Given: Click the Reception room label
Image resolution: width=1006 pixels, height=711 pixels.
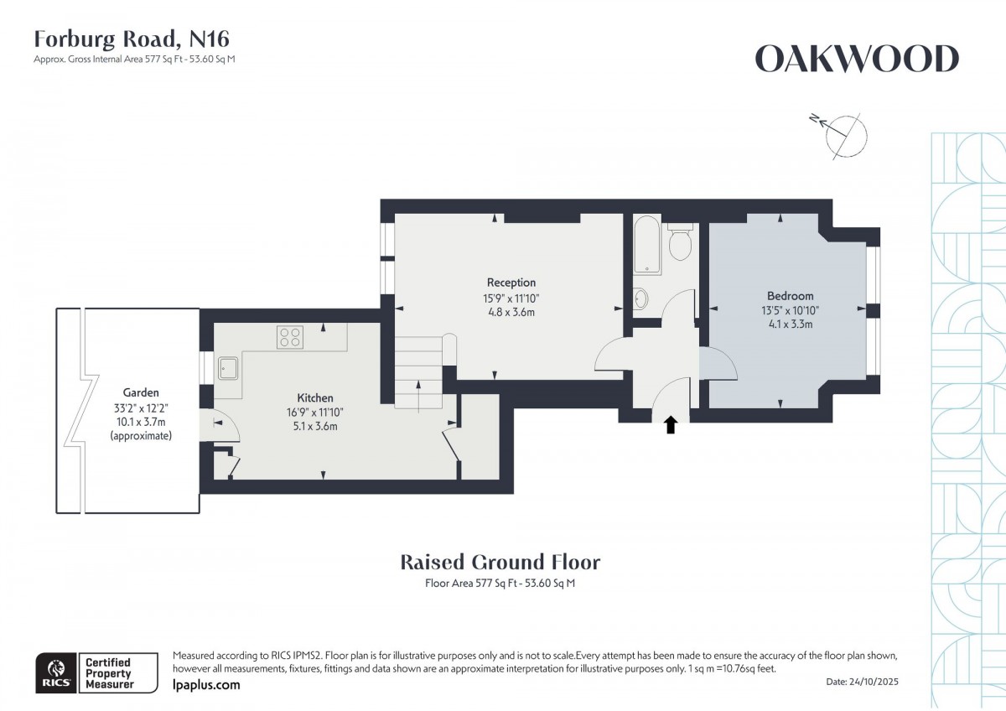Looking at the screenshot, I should (x=511, y=283).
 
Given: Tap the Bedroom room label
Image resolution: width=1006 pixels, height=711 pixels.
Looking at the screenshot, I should (x=790, y=296).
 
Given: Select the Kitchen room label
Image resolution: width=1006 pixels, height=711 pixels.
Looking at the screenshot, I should (x=315, y=397).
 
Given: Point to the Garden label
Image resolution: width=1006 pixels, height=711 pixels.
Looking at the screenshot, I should (x=141, y=392).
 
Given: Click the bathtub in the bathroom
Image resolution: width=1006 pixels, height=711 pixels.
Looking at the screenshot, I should (x=647, y=245).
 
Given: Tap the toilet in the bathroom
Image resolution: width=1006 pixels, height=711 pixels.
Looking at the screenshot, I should (x=679, y=242).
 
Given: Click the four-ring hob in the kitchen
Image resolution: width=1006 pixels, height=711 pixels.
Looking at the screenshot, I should (x=290, y=337).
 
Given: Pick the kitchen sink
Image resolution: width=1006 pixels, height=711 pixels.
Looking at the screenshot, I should (x=228, y=368).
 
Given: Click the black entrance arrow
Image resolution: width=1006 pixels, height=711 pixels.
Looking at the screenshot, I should (x=671, y=425).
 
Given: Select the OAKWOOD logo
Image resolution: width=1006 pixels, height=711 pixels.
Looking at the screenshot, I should (x=857, y=60).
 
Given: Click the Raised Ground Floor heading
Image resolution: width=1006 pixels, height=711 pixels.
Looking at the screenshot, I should (x=500, y=562).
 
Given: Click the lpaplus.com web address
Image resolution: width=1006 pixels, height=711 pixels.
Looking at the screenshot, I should (x=205, y=685).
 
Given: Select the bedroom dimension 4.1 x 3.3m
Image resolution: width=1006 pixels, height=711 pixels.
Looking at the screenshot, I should (x=790, y=324).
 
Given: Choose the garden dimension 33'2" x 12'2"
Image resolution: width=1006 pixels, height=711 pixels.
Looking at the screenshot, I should (x=141, y=407).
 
